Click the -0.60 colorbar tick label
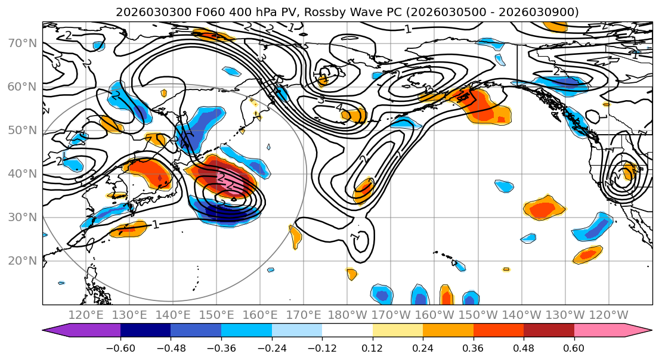[x=120, y=347]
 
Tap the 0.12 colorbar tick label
[x=373, y=347]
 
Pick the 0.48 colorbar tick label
[x=524, y=347]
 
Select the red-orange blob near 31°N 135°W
[x=543, y=210]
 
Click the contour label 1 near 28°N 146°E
[x=156, y=225]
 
